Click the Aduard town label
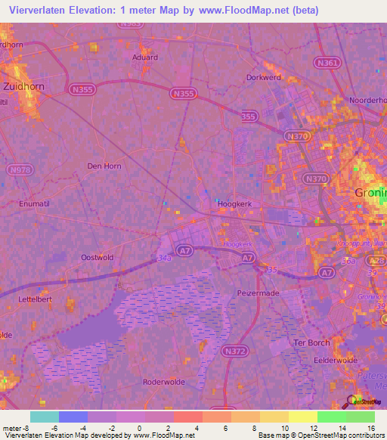(x=144, y=57)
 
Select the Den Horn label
(x=104, y=166)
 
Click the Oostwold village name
(x=97, y=257)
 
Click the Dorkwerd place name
(x=264, y=77)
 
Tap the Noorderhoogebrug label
(x=369, y=100)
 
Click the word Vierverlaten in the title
(x=35, y=11)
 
